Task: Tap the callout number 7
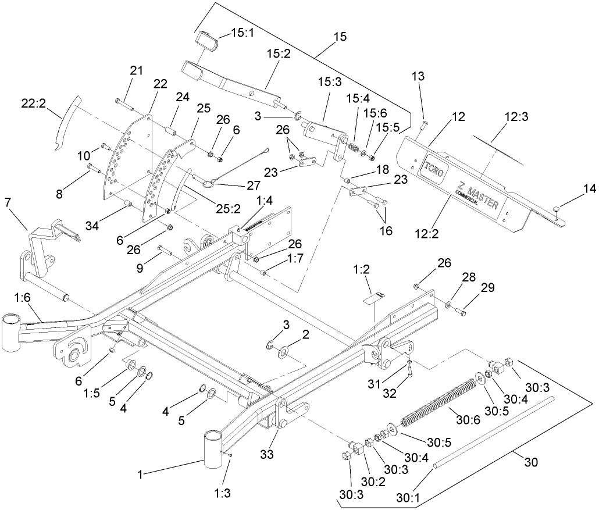point(8,203)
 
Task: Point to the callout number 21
point(136,71)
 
